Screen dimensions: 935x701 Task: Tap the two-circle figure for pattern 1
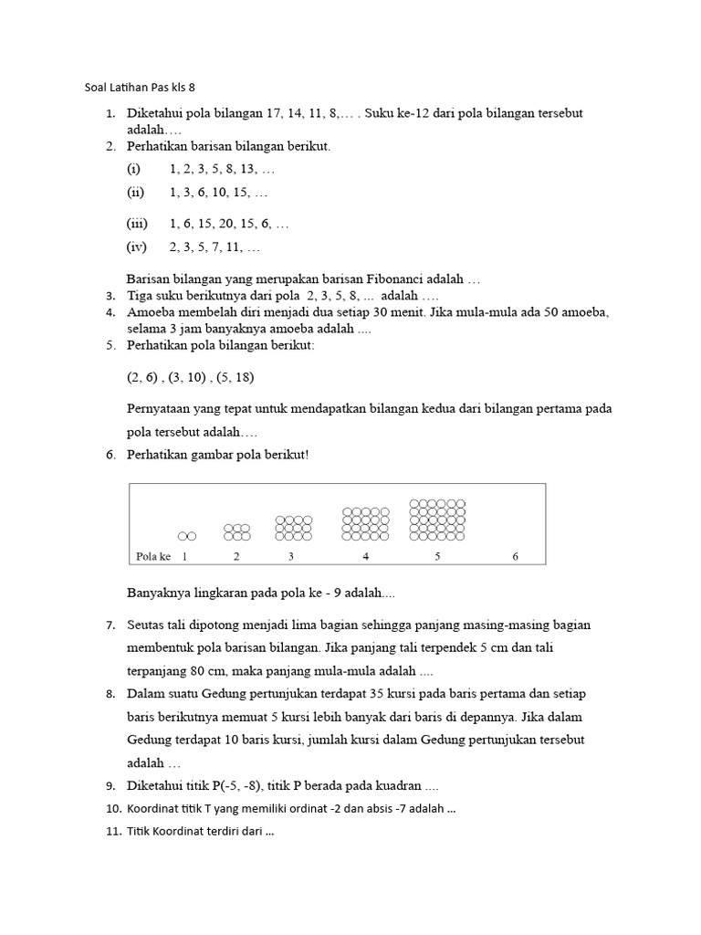[x=186, y=536]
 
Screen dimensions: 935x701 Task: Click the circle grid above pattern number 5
[x=437, y=520]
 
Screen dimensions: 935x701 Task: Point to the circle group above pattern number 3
[x=293, y=528]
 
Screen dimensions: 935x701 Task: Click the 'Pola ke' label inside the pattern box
[x=153, y=556]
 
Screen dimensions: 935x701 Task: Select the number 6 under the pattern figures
[x=515, y=556]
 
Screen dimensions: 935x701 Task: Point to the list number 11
[x=113, y=832]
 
